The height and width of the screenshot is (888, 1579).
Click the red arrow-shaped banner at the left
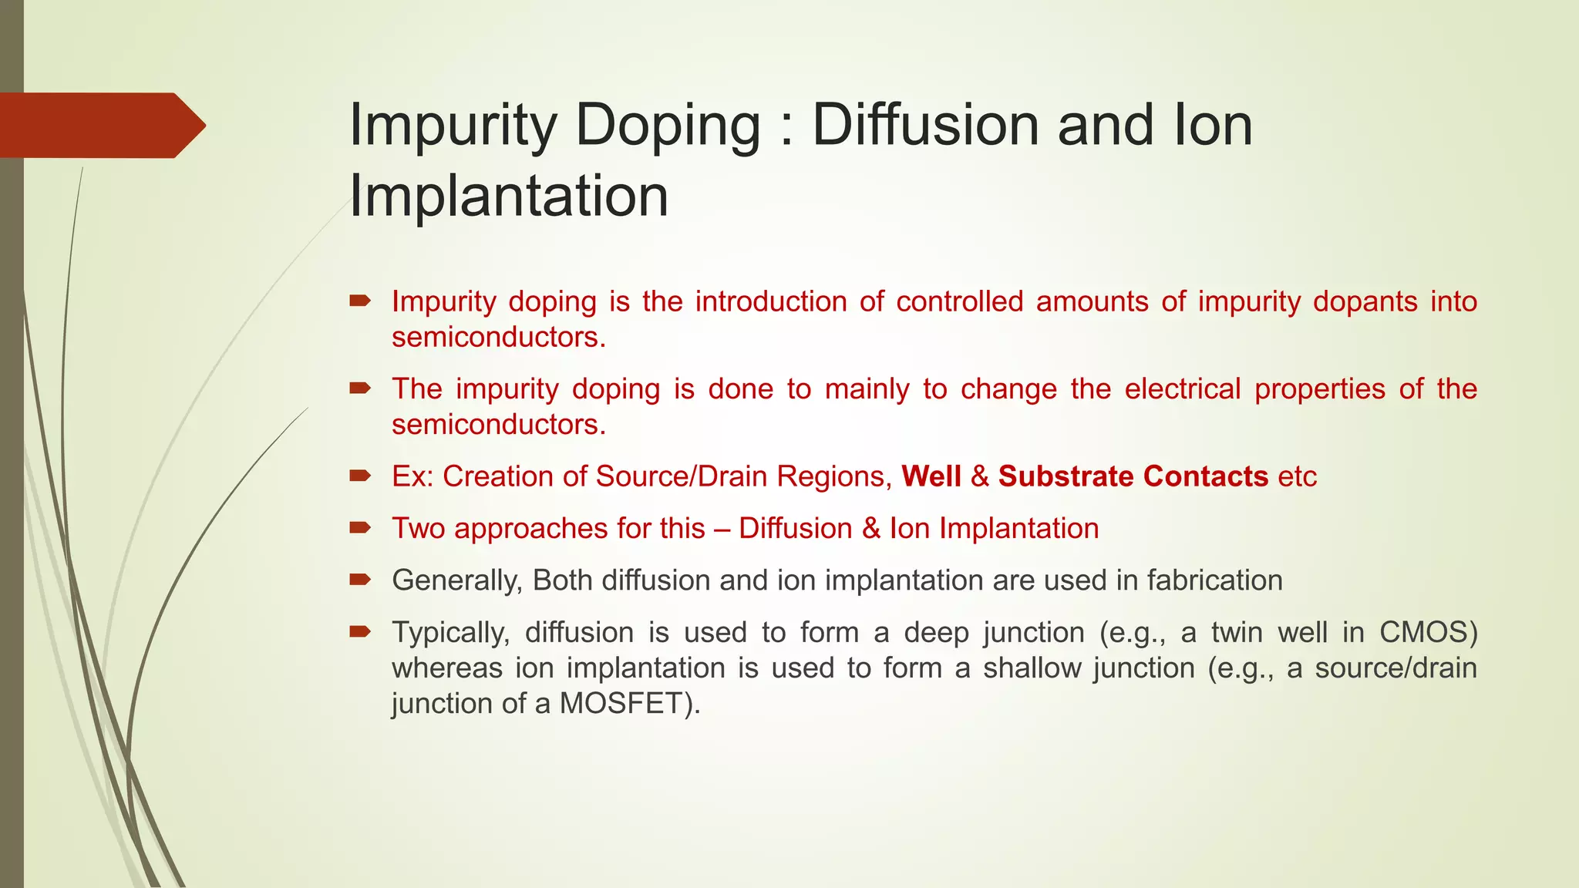pos(100,126)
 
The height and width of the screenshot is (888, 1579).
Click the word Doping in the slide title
pos(668,126)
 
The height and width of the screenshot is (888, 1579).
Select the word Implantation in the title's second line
pos(509,196)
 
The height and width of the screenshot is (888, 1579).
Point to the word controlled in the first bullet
pos(960,301)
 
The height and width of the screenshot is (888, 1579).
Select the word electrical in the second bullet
pos(1183,389)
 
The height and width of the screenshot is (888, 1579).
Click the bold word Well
pos(931,476)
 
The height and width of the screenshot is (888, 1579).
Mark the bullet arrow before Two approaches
pos(360,528)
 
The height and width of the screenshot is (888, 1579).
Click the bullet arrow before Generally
pos(360,580)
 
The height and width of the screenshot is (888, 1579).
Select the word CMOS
pos(1428,633)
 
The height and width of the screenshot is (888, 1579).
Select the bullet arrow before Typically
pos(360,632)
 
